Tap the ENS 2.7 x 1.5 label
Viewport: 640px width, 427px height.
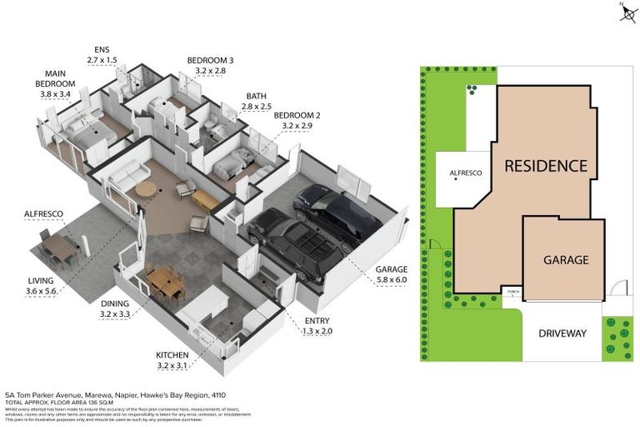[x=102, y=55]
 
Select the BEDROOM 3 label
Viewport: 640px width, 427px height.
[x=210, y=66]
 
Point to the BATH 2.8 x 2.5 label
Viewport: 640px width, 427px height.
[x=257, y=102]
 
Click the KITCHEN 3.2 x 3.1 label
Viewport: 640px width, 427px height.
[x=173, y=360]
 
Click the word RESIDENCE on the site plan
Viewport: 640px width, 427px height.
[x=546, y=165]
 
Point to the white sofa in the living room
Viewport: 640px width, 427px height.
[x=125, y=177]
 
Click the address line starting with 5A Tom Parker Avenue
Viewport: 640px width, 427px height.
[x=115, y=394]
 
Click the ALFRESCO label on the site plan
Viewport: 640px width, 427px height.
[x=466, y=173]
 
